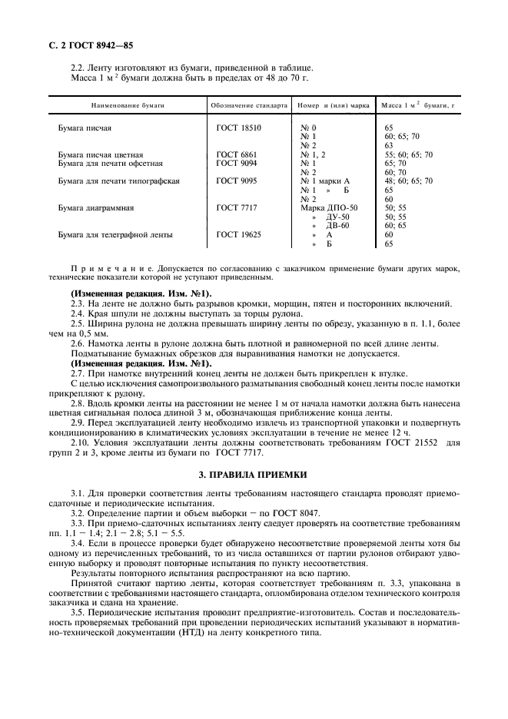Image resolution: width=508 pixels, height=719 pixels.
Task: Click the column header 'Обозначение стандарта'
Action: click(x=248, y=104)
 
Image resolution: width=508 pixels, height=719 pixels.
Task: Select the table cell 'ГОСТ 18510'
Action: click(x=238, y=128)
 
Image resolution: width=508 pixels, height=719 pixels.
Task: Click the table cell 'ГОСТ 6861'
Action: click(x=236, y=154)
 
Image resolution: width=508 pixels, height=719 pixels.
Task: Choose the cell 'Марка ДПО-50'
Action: click(x=328, y=207)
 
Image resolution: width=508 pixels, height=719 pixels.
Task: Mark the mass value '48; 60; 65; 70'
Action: click(x=407, y=181)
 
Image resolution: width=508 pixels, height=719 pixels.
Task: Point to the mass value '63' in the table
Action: click(x=388, y=145)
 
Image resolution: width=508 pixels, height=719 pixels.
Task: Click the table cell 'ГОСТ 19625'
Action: click(x=238, y=234)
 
